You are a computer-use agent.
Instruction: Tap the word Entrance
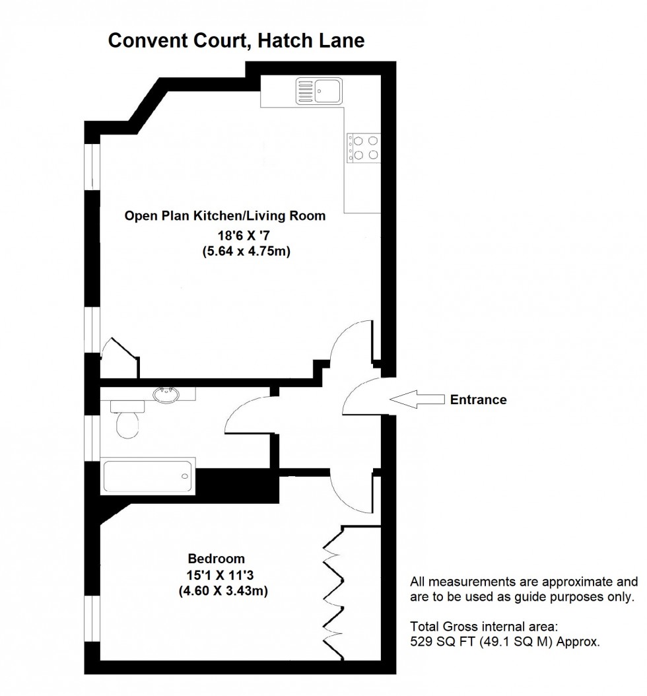[x=478, y=400]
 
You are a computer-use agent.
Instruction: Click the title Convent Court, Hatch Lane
[x=236, y=41]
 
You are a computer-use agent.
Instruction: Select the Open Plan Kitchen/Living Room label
[x=225, y=216]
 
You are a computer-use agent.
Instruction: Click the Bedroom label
[x=216, y=557]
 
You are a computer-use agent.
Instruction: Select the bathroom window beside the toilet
[x=92, y=435]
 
